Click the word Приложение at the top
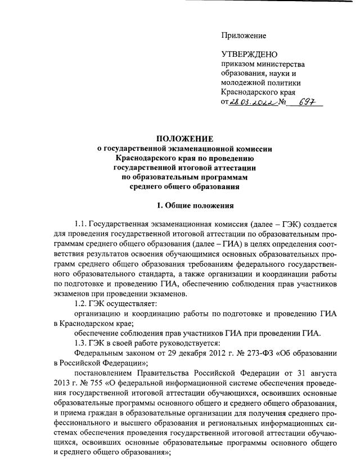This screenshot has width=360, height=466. pyautogui.click(x=243, y=35)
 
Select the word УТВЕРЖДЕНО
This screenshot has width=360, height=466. pyautogui.click(x=250, y=54)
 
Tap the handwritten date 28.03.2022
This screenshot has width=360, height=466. pyautogui.click(x=255, y=102)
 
